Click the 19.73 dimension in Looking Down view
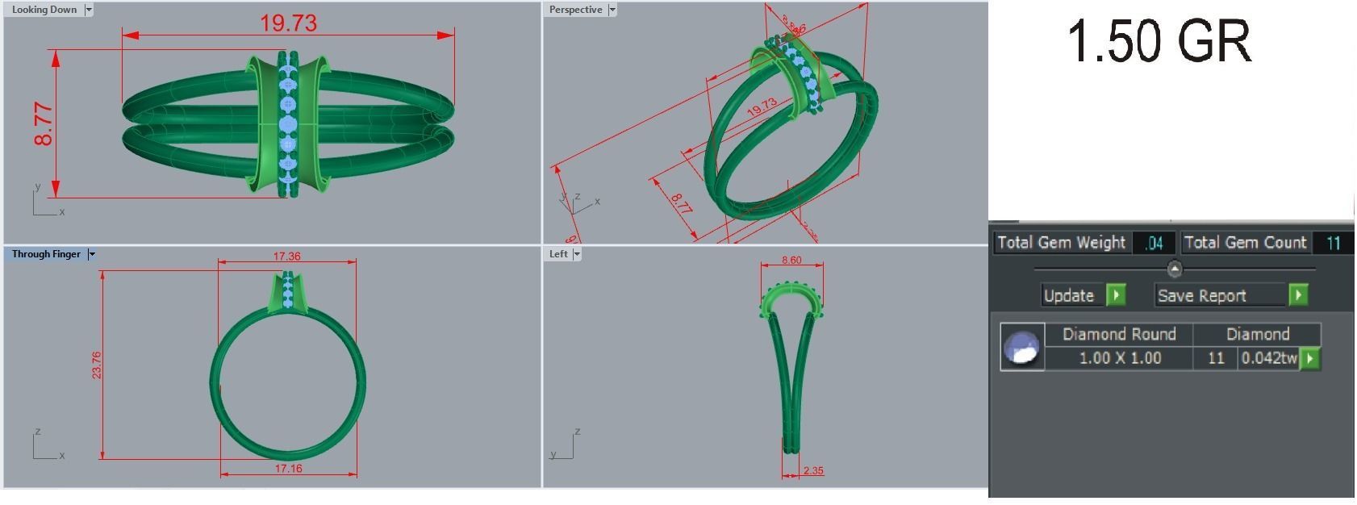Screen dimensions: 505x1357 pyautogui.click(x=288, y=23)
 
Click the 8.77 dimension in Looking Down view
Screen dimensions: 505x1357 pyautogui.click(x=44, y=124)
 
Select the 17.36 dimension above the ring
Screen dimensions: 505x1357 pyautogui.click(x=286, y=257)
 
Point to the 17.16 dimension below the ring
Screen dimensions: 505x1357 pyautogui.click(x=288, y=469)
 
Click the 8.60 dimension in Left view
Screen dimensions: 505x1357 pyautogui.click(x=791, y=261)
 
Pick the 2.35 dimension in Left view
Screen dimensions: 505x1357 pyautogui.click(x=813, y=470)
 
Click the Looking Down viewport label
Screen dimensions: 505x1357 pyautogui.click(x=44, y=10)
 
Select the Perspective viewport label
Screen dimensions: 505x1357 pyautogui.click(x=575, y=10)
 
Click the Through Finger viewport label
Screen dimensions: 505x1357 pyautogui.click(x=46, y=254)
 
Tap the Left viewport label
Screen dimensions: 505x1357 pyautogui.click(x=558, y=254)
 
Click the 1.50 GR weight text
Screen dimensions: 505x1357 pyautogui.click(x=1159, y=42)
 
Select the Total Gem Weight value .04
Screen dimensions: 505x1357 pyautogui.click(x=1154, y=243)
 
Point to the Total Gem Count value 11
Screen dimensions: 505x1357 pyautogui.click(x=1333, y=243)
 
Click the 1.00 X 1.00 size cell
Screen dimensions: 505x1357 pyautogui.click(x=1120, y=358)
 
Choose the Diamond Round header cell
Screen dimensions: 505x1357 pyautogui.click(x=1119, y=334)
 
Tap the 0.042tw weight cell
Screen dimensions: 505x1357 pyautogui.click(x=1268, y=358)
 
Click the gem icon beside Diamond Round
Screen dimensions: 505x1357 pyautogui.click(x=1022, y=347)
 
